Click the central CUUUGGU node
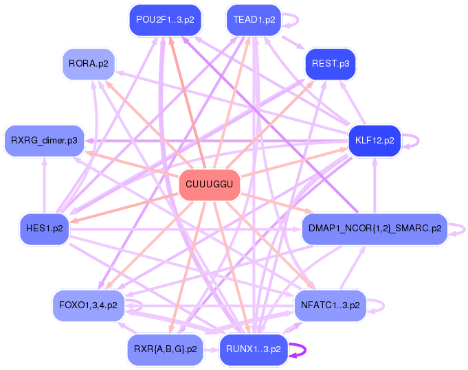point(209,184)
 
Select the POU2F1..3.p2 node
point(165,20)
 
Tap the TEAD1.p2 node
point(254,20)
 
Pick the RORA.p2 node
point(89,64)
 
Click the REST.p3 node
point(331,64)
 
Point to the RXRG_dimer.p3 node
point(44,141)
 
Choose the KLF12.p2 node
point(375,141)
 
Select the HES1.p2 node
point(45,229)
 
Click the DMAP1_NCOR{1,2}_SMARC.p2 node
point(375,229)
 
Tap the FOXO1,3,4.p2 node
point(89,305)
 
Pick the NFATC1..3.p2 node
point(331,305)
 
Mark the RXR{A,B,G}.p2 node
point(166,349)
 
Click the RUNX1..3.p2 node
point(254,349)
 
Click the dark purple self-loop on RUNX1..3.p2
point(305,350)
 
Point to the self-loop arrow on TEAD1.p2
point(298,21)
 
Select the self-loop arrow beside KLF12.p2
point(418,141)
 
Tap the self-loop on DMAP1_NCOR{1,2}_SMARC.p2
point(465,229)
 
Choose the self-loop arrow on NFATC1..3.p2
point(383,306)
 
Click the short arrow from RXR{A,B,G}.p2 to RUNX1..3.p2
point(211,349)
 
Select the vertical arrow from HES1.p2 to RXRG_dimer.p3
point(45,185)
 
